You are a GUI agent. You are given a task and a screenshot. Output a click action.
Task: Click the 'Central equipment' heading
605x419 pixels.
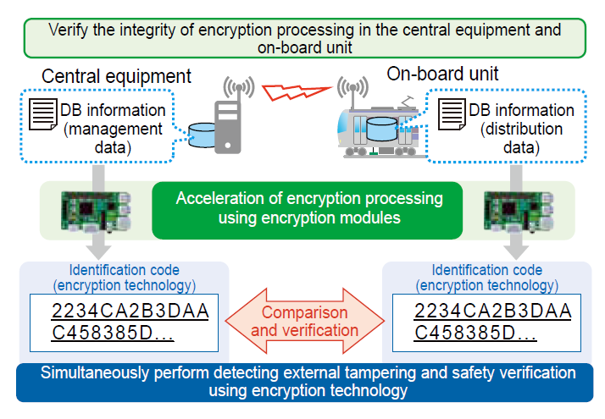(117, 76)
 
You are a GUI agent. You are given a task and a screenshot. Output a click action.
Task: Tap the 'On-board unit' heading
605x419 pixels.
(442, 74)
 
